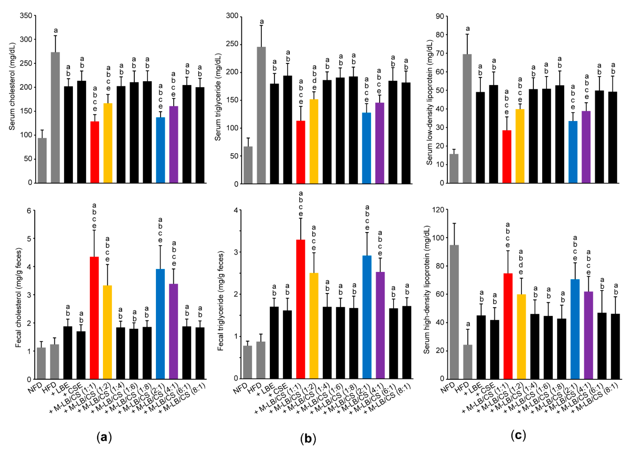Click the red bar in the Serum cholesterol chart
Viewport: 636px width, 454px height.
click(95, 152)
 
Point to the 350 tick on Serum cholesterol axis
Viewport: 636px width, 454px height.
click(26, 16)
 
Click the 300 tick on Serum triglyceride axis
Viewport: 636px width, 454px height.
click(232, 16)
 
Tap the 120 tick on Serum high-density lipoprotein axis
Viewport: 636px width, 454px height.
click(438, 210)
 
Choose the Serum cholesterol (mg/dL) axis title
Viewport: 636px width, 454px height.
click(12, 87)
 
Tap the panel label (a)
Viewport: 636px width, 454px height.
click(104, 437)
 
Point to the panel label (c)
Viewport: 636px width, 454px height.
click(518, 435)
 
